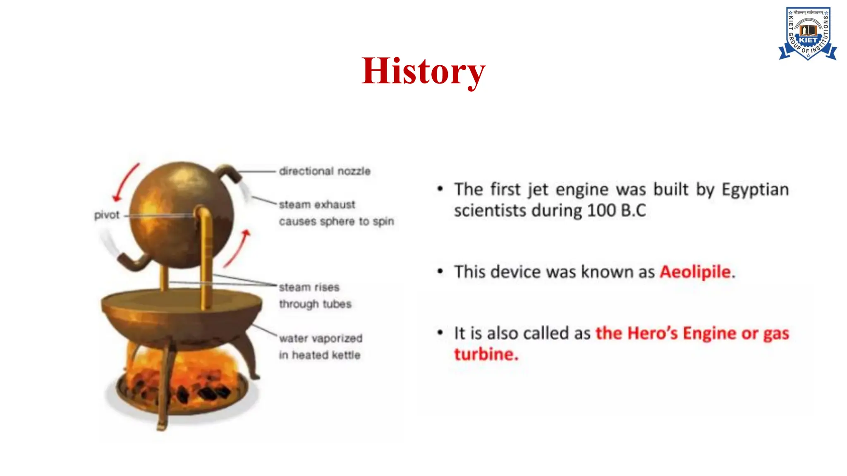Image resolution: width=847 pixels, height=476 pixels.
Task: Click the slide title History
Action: point(423,71)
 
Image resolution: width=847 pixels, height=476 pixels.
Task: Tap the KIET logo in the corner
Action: point(808,34)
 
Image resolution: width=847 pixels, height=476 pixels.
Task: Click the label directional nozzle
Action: point(325,171)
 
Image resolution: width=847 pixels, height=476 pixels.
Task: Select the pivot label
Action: point(106,215)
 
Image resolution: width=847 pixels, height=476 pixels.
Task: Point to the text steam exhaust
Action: point(317,205)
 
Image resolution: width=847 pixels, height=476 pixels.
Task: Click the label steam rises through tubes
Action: point(314,295)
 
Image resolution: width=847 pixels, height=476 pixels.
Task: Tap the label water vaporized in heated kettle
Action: point(320,347)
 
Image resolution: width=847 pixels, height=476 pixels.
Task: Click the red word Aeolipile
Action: point(695,272)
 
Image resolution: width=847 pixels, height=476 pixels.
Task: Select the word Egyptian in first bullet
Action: point(755,190)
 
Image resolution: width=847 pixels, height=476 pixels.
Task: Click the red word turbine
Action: point(486,355)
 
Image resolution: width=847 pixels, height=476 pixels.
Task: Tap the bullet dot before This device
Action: point(440,271)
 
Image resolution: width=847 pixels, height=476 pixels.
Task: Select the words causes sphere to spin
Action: point(336,221)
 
